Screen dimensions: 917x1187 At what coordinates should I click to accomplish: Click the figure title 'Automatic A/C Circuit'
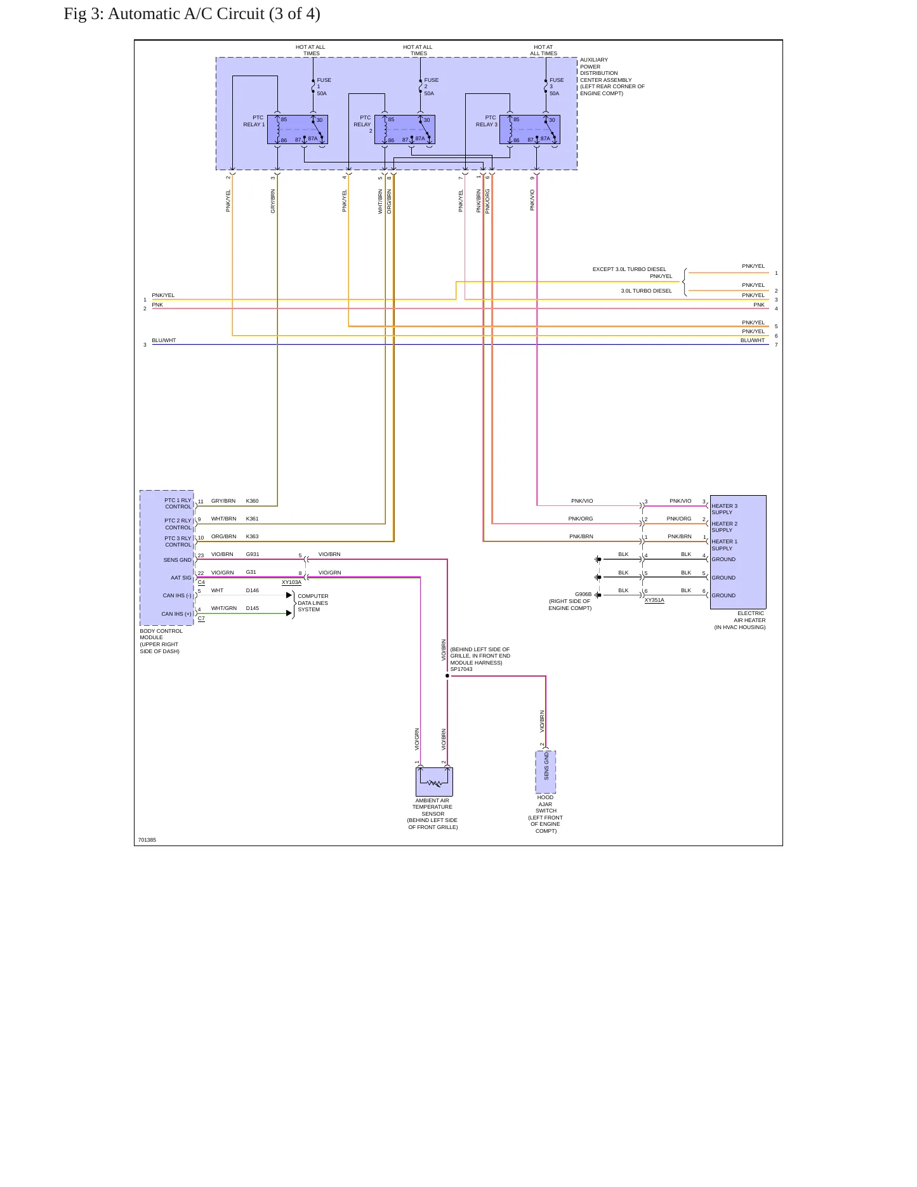point(186,14)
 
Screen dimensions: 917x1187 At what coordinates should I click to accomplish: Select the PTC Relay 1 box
point(297,129)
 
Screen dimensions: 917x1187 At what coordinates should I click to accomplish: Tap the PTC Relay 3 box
point(529,129)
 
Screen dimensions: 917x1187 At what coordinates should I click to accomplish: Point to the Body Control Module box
point(167,558)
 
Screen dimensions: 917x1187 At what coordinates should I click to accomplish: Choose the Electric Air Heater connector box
point(738,552)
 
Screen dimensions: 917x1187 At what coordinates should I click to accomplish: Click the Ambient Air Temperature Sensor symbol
point(434,781)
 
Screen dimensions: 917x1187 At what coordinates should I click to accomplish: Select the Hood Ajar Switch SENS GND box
point(546,772)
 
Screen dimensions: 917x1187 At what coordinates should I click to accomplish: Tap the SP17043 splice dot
point(447,676)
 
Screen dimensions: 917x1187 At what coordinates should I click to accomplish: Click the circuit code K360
point(253,501)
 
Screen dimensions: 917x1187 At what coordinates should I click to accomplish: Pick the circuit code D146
point(253,590)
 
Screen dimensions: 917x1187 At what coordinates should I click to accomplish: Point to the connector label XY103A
point(291,582)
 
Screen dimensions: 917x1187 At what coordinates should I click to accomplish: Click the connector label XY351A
point(654,600)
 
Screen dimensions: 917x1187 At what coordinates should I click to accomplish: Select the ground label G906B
point(583,595)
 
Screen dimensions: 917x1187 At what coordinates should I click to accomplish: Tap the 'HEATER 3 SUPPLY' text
point(724,509)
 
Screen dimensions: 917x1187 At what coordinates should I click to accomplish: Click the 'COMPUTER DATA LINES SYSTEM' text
point(313,603)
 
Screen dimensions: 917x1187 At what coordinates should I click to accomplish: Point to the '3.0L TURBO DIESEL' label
point(646,291)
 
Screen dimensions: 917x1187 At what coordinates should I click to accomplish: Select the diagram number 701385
point(147,840)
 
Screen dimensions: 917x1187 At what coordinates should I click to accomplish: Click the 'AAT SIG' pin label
point(181,578)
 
